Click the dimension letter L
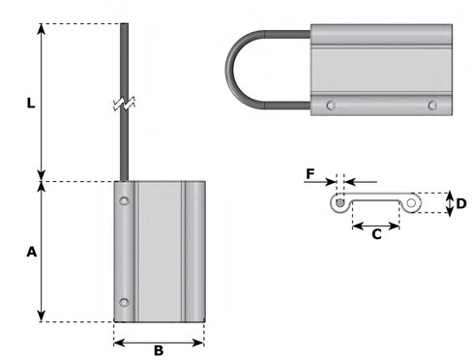click(x=31, y=104)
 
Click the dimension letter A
click(x=32, y=252)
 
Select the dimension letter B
click(x=159, y=350)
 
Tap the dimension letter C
click(x=376, y=234)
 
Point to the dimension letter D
click(x=461, y=203)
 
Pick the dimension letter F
click(x=310, y=174)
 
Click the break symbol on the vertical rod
click(x=125, y=104)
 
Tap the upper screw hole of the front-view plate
click(x=124, y=201)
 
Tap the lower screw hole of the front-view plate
click(x=124, y=303)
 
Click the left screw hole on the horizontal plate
click(x=331, y=105)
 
